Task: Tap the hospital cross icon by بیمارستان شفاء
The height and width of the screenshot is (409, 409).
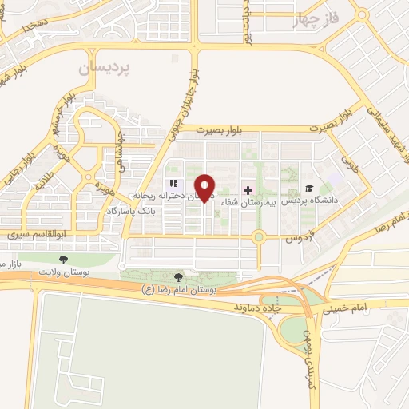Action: pos(248,190)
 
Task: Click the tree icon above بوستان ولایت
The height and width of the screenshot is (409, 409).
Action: pos(63,259)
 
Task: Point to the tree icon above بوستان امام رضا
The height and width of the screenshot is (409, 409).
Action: pos(189,276)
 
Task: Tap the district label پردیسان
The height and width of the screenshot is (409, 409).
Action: pos(103,69)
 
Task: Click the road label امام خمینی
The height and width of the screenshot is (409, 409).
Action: pos(347,305)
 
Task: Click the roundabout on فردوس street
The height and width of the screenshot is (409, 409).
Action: pos(258,236)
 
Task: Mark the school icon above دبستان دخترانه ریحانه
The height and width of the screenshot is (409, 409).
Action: pos(174,184)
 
